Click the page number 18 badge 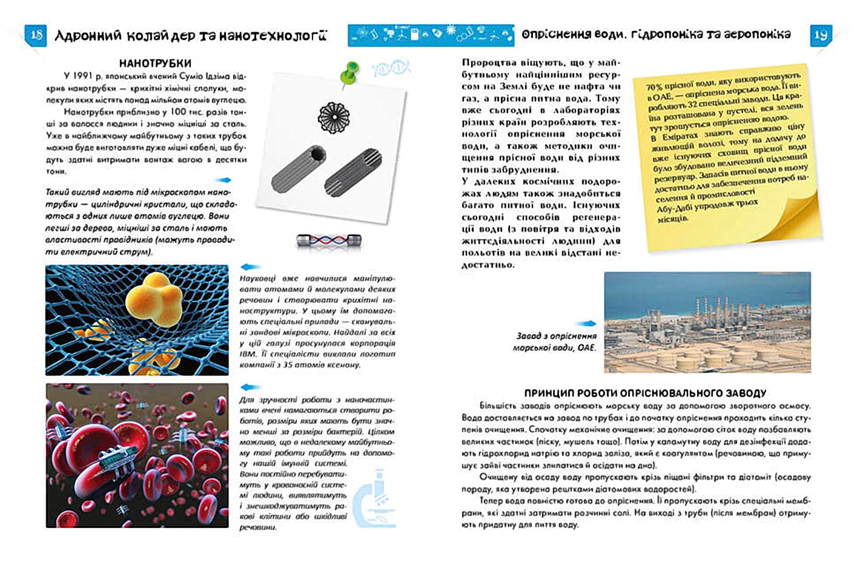coord(36,35)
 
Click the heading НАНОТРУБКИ coord(155,63)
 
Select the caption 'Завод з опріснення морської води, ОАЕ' coord(555,341)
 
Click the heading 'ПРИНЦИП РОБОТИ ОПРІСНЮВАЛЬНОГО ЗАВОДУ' coord(645,393)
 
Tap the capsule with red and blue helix coord(328,240)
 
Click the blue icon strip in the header coord(430,35)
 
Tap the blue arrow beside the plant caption coord(586,324)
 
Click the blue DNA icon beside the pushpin coord(391,68)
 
